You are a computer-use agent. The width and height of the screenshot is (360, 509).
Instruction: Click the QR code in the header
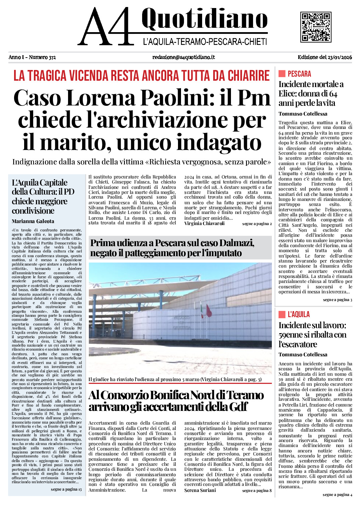(x=315, y=27)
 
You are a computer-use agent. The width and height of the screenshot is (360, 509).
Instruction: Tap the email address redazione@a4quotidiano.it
(x=183, y=57)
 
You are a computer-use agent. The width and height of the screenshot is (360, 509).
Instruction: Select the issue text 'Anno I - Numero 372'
(x=32, y=57)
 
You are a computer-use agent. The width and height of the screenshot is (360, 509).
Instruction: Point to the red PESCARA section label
(x=299, y=74)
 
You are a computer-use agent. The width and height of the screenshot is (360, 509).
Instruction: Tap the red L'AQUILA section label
(x=299, y=314)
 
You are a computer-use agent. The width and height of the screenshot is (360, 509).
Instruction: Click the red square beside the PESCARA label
(x=282, y=74)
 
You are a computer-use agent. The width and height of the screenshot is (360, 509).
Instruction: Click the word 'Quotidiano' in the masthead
(x=204, y=19)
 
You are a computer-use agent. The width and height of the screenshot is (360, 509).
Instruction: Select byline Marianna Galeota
(x=33, y=221)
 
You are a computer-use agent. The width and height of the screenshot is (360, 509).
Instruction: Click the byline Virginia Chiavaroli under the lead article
(x=204, y=224)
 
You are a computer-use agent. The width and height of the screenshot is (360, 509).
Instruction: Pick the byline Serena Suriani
(x=200, y=490)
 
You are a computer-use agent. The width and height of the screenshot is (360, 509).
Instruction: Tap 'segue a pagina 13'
(x=66, y=489)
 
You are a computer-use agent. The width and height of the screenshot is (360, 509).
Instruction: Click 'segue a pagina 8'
(x=257, y=491)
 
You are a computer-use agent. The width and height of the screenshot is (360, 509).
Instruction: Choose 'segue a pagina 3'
(x=337, y=300)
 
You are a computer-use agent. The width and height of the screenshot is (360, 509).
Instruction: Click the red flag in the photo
(x=209, y=311)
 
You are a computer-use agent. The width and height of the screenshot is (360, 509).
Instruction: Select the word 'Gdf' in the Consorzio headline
(x=238, y=407)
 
